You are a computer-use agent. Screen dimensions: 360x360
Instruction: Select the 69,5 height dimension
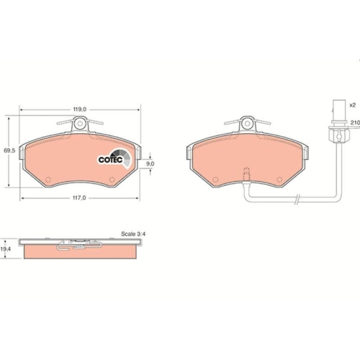(x=9, y=150)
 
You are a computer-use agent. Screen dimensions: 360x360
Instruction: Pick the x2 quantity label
(x=353, y=105)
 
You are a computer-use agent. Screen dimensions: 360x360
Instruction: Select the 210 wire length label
(x=354, y=124)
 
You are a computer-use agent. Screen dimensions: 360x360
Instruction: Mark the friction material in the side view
(x=79, y=254)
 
